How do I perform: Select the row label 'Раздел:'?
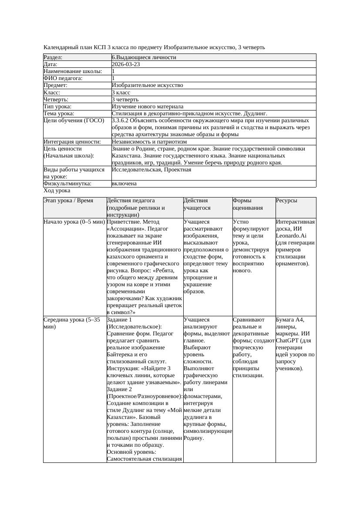pyautogui.click(x=53, y=57)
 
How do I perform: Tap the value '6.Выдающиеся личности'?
pyautogui.click(x=144, y=57)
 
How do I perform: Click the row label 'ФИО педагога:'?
pyautogui.click(x=63, y=78)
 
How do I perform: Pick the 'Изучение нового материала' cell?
pyautogui.click(x=147, y=107)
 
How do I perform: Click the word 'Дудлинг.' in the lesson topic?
pyautogui.click(x=254, y=114)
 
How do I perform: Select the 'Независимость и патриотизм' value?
pyautogui.click(x=149, y=142)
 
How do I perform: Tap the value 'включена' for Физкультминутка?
pyautogui.click(x=124, y=184)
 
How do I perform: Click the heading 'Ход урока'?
pyautogui.click(x=57, y=191)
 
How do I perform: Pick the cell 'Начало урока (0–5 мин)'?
pyautogui.click(x=74, y=222)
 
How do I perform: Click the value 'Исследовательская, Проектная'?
pyautogui.click(x=151, y=170)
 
